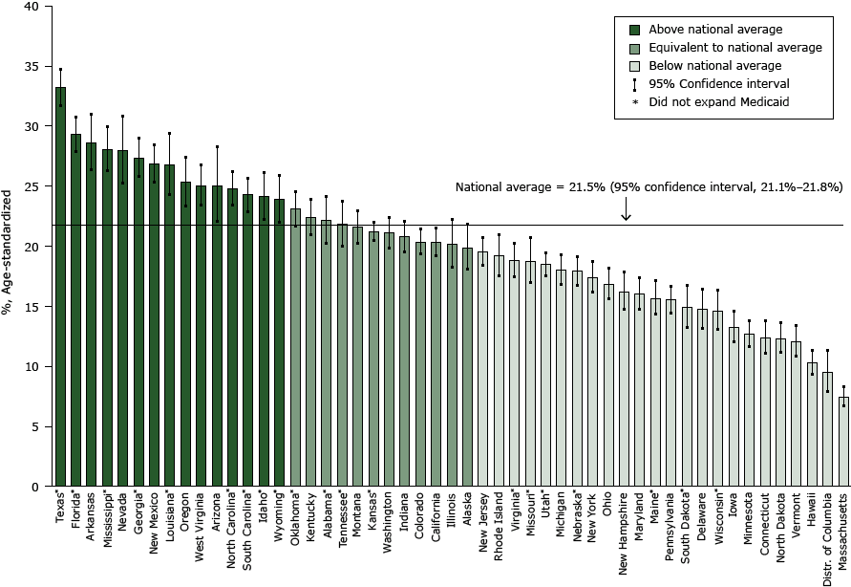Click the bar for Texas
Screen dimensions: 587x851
click(x=60, y=287)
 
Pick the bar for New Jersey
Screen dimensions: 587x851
click(x=482, y=369)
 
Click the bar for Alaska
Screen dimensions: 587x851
click(x=467, y=367)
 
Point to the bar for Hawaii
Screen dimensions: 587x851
click(x=812, y=424)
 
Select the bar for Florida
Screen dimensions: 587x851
click(x=75, y=311)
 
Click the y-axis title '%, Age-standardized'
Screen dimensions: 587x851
click(x=9, y=239)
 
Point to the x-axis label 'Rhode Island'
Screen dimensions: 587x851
click(x=500, y=529)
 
